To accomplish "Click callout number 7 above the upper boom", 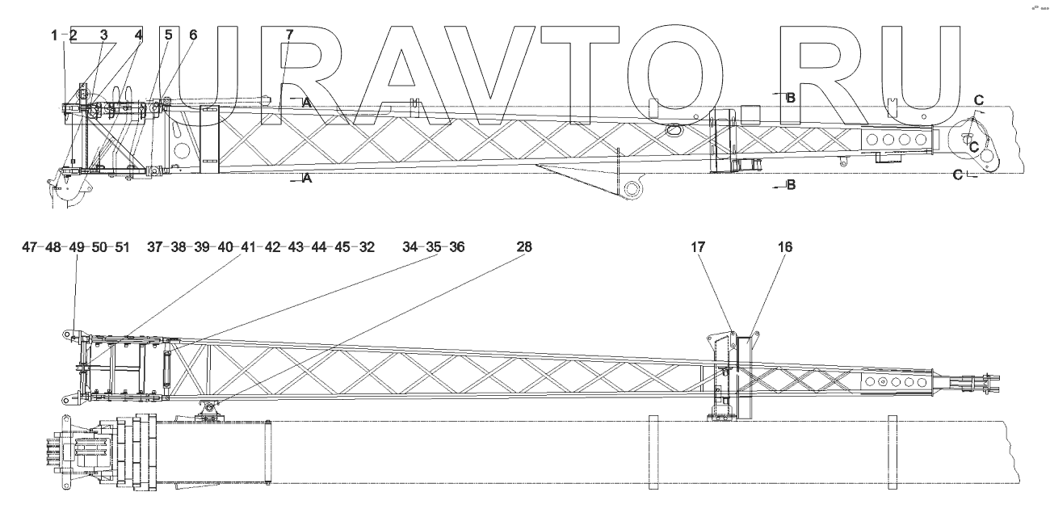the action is click(290, 36).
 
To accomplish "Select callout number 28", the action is click(524, 247).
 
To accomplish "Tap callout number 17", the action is click(698, 247).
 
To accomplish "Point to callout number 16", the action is click(784, 247).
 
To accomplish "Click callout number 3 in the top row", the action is click(103, 36).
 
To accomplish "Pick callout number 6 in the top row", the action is click(193, 36).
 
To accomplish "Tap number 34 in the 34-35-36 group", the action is click(411, 247).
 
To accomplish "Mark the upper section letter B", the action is click(791, 97).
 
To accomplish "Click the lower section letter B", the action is click(791, 185).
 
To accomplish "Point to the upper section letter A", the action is click(306, 103).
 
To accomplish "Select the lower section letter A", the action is click(306, 179).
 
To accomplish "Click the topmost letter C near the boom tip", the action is click(978, 99).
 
